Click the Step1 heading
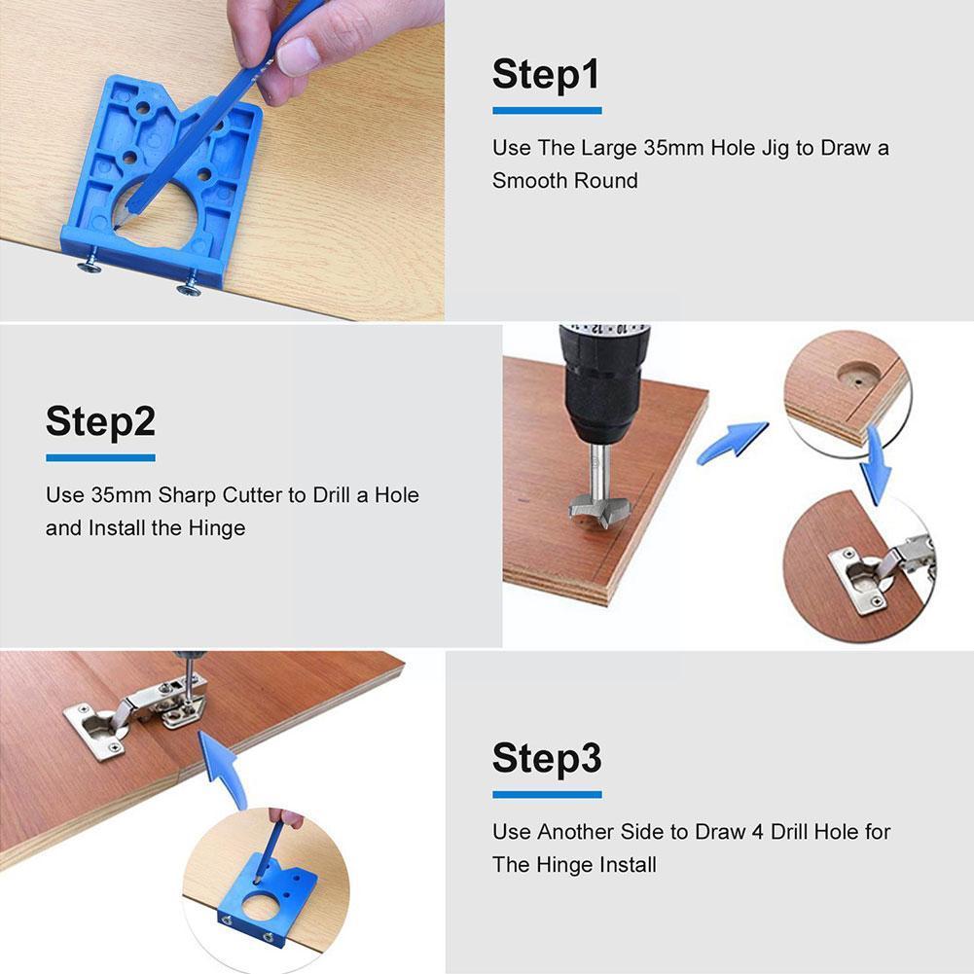click(x=546, y=75)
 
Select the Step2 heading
click(x=100, y=421)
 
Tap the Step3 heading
click(x=546, y=758)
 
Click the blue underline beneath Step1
click(x=546, y=110)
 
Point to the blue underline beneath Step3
click(x=546, y=794)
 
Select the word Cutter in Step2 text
click(x=245, y=495)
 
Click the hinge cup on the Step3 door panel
click(x=96, y=727)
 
